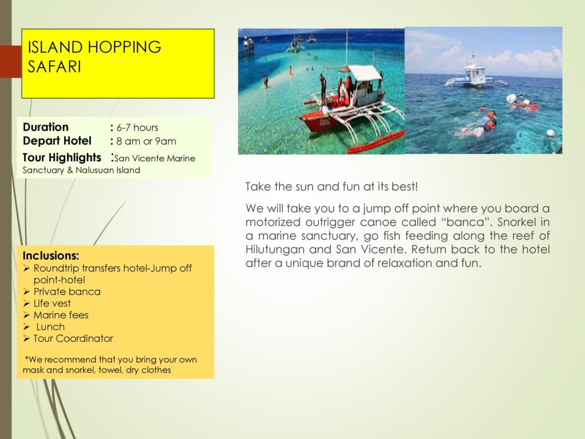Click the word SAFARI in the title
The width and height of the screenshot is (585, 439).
pos(54,67)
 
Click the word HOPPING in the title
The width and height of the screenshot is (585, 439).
pos(124,47)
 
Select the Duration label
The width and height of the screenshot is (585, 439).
pos(46,127)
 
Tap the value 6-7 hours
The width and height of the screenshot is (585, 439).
pos(137,127)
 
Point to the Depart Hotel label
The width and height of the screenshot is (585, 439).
pos(57,141)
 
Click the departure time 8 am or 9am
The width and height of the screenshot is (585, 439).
pos(146,141)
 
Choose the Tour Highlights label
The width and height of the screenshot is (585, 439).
pos(62,158)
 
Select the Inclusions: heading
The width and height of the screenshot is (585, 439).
pos(51,256)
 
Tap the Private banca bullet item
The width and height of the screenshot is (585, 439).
pos(67,292)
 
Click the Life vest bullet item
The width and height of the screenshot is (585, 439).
pos(52,303)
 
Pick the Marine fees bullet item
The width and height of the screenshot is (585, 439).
pos(61,315)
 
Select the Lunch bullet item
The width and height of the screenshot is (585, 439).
pos(50,326)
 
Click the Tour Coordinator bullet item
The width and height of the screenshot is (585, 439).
pos(73,338)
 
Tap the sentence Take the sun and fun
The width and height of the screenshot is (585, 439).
pos(332,186)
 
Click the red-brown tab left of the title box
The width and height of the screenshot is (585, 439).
pos(11,62)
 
